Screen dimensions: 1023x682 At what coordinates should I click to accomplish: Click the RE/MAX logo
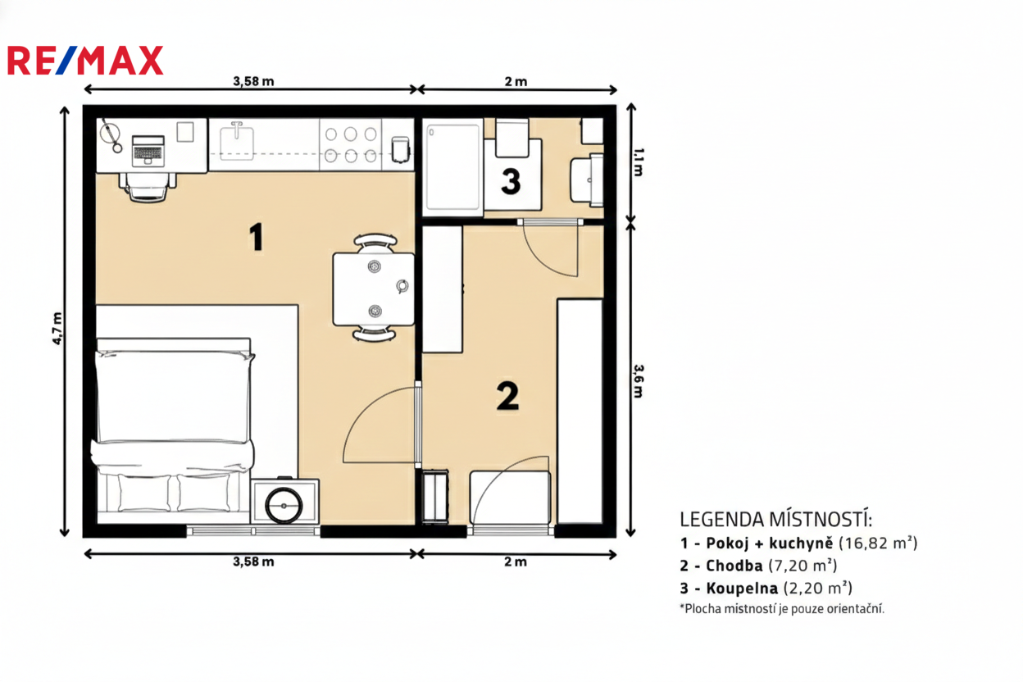pos(85,61)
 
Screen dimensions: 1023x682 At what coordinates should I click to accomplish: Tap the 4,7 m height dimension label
pos(57,329)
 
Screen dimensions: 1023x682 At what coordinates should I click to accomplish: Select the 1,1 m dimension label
pos(639,162)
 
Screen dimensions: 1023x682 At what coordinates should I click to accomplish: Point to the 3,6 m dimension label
pos(639,381)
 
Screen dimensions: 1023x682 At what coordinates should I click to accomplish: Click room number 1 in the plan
pos(257,237)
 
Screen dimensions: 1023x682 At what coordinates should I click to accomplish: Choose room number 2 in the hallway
pos(508,396)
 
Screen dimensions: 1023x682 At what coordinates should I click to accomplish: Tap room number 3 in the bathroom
pos(511,181)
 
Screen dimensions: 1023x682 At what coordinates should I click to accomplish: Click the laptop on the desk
pos(148,150)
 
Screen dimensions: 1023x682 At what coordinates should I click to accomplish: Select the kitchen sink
pos(237,142)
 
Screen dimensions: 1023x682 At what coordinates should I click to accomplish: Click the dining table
pos(374,289)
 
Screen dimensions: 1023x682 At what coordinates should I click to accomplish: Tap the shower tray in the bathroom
pos(452,167)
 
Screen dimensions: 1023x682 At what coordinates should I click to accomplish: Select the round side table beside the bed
pos(284,506)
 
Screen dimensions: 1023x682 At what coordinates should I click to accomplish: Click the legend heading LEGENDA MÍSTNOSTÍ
pos(776,520)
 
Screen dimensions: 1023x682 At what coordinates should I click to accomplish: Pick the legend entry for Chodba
pos(758,566)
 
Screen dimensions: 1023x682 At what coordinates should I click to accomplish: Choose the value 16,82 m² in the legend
pos(878,543)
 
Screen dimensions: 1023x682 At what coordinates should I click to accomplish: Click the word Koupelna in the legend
pos(742,588)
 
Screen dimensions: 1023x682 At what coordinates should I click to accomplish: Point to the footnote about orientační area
pos(782,609)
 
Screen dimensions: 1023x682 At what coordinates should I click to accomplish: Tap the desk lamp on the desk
pos(111,135)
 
